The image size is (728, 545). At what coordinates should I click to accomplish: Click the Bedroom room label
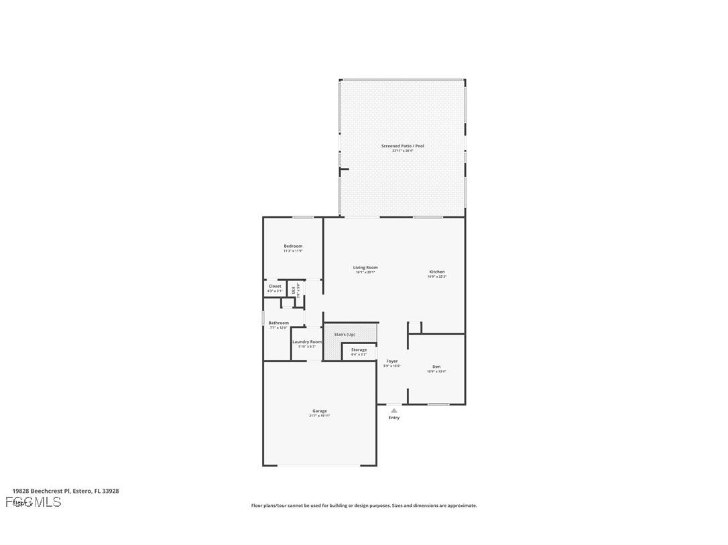(293, 246)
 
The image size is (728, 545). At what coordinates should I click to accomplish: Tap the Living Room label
(365, 268)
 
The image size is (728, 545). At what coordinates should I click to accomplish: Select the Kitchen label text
(437, 272)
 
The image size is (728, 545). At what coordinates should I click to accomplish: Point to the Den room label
(436, 367)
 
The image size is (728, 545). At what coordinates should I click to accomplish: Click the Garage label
(320, 411)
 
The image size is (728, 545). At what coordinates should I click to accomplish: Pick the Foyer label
(392, 362)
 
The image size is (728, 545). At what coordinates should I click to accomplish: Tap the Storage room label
(359, 350)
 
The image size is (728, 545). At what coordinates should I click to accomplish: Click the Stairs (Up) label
(345, 334)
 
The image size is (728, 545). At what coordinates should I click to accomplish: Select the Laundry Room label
(307, 341)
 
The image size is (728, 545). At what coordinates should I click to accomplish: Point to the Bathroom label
(279, 323)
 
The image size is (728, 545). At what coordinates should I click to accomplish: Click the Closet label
(275, 286)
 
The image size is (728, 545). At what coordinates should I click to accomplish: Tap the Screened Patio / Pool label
(403, 146)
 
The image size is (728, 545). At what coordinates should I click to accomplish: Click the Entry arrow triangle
(394, 410)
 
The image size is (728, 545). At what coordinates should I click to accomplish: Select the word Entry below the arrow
(394, 418)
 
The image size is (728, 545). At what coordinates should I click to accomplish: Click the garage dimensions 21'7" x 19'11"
(320, 416)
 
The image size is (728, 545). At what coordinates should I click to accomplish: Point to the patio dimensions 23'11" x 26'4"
(403, 151)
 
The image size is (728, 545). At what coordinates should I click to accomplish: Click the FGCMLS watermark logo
(34, 502)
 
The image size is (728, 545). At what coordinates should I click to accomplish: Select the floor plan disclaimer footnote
(364, 505)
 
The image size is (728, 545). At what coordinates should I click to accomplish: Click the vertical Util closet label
(294, 289)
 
